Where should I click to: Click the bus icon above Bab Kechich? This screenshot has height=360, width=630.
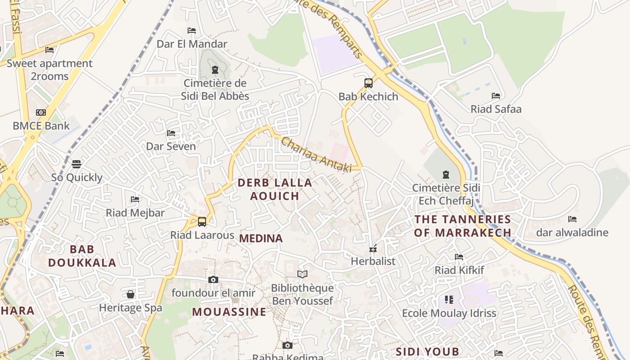[369, 83]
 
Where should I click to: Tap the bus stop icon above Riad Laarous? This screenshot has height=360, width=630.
[202, 221]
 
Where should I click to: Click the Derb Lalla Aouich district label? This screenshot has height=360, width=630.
[275, 189]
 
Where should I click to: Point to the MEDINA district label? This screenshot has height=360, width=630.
[261, 238]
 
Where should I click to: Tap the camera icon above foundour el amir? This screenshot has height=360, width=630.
[213, 279]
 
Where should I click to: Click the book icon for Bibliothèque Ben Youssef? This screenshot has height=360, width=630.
[302, 274]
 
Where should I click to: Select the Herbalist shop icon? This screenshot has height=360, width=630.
[373, 248]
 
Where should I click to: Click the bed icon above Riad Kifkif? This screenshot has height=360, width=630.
[459, 257]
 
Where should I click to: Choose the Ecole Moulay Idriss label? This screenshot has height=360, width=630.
[449, 313]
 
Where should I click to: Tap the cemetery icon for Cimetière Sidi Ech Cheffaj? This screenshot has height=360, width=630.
[446, 174]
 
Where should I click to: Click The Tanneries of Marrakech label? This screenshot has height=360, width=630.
[463, 226]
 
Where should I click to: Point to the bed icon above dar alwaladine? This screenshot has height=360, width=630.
[572, 219]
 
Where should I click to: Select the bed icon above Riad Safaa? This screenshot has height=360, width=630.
[496, 96]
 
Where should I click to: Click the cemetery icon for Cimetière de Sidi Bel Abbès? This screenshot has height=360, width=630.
[215, 70]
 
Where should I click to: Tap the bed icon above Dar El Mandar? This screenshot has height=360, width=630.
[192, 31]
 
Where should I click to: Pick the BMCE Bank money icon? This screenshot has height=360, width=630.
[41, 112]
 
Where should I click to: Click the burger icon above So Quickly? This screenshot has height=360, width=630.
[76, 164]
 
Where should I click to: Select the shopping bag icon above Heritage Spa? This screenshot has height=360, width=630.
[130, 294]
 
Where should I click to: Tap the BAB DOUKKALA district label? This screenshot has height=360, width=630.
[82, 256]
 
